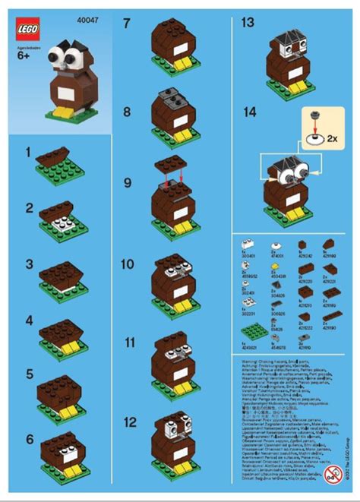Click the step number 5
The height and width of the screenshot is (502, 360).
coord(29,374)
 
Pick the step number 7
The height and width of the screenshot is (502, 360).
coord(128,24)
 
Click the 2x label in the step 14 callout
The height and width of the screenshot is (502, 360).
coord(331,139)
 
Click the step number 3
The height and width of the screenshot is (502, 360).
coord(28,264)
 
